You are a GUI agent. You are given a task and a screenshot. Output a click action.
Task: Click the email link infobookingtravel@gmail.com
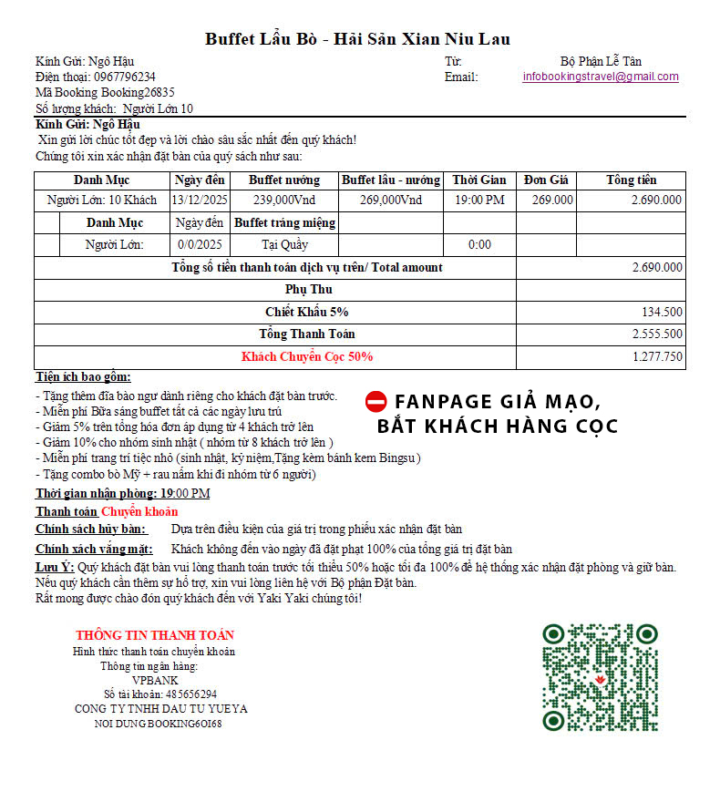pos(601,77)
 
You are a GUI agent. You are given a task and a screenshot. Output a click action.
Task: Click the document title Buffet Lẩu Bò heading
pos(357,38)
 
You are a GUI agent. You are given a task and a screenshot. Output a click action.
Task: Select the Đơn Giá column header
pos(547,180)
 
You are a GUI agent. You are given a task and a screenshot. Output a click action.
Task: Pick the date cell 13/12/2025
pos(200,200)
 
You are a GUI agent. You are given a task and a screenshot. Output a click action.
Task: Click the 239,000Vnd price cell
pos(284,200)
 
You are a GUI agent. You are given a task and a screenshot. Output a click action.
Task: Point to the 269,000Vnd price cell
pos(391,200)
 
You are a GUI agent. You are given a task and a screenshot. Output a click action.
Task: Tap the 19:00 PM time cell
pos(479,200)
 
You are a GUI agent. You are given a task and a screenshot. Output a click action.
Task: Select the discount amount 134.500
pos(662,313)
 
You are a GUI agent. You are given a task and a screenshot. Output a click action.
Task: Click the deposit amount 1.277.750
pos(657,356)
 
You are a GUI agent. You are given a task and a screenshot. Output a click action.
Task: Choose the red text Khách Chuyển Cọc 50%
pos(307,356)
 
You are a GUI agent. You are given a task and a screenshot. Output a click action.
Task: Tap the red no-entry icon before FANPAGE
pos(375,401)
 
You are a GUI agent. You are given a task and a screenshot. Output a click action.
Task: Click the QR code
pos(600,677)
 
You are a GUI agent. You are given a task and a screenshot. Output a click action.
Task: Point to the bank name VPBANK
pos(155,680)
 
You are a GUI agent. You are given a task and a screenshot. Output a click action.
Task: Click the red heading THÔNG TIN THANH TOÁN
pos(155,635)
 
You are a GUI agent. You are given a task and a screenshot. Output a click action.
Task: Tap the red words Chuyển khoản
pos(139,511)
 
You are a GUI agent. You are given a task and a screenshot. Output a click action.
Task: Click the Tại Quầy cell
pos(284,244)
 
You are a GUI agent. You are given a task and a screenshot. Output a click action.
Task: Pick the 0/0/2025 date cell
pos(200,244)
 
